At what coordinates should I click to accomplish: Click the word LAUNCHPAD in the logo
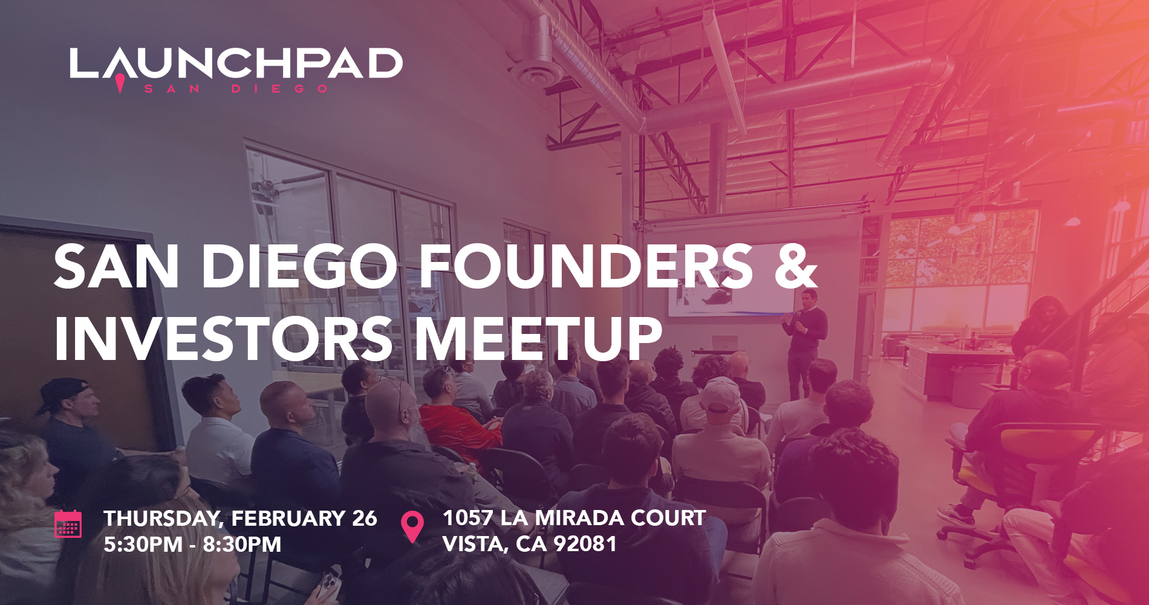pyautogui.click(x=236, y=63)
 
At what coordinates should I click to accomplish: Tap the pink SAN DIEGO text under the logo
pyautogui.click(x=236, y=89)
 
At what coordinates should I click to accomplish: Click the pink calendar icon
pyautogui.click(x=68, y=524)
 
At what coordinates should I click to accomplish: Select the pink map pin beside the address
pyautogui.click(x=412, y=526)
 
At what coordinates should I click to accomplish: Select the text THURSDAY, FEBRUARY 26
pyautogui.click(x=240, y=518)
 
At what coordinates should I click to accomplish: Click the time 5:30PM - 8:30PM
pyautogui.click(x=192, y=544)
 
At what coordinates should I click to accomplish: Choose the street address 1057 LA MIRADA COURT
pyautogui.click(x=574, y=518)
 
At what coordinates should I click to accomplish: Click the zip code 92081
pyautogui.click(x=585, y=544)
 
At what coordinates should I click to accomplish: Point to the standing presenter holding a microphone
pyautogui.click(x=804, y=342)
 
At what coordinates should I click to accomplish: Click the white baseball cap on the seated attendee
pyautogui.click(x=721, y=394)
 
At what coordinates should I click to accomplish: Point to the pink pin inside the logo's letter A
pyautogui.click(x=120, y=82)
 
